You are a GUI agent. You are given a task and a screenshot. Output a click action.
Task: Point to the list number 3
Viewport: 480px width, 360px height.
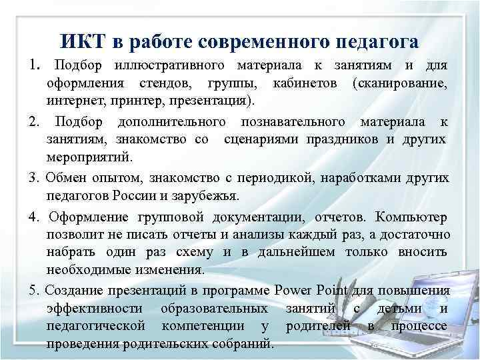[x=33, y=178]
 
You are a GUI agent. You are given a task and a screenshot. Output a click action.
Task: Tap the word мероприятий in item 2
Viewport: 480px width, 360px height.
[x=89, y=158]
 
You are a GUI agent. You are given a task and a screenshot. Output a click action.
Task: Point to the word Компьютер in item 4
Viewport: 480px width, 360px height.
[x=413, y=217]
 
